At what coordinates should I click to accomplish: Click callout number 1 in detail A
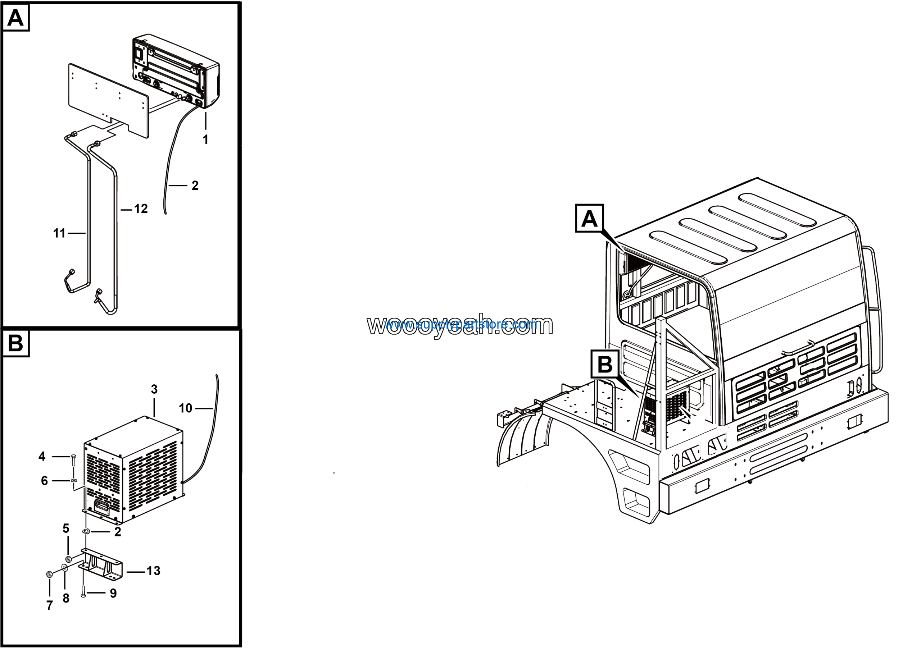[205, 139]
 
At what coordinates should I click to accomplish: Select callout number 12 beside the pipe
[141, 209]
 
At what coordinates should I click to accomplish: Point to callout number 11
[59, 233]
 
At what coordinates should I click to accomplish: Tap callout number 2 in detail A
[195, 185]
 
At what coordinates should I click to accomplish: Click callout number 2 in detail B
[118, 532]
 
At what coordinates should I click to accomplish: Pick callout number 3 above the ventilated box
[154, 389]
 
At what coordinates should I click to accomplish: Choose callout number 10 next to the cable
[185, 408]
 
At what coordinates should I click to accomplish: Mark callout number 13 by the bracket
[153, 571]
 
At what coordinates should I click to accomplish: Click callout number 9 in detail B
[114, 593]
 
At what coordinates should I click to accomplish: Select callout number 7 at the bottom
[50, 605]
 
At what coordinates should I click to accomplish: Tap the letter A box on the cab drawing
[589, 218]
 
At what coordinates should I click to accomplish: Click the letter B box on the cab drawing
[605, 364]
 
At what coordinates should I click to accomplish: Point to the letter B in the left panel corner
[15, 343]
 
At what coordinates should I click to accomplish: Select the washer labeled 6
[74, 480]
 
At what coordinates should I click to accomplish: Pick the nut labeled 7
[49, 574]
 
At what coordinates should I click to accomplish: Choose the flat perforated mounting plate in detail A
[108, 100]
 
